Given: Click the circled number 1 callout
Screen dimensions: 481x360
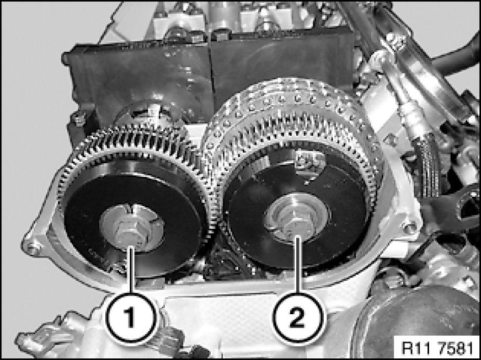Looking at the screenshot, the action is tap(131, 317).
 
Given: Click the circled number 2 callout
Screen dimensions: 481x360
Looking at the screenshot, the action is tap(297, 317).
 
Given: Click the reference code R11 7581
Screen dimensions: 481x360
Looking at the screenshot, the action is tap(437, 348).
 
